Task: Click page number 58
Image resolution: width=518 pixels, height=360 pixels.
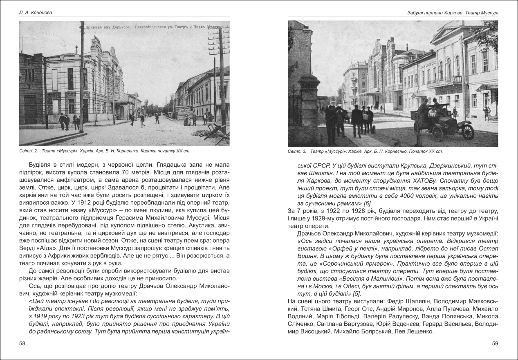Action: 22,344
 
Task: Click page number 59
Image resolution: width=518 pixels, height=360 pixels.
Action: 495,344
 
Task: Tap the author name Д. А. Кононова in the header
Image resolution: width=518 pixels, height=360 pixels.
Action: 36,13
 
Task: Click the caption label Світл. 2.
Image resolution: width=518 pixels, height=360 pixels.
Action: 28,151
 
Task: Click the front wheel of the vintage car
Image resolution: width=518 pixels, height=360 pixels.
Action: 467,132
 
